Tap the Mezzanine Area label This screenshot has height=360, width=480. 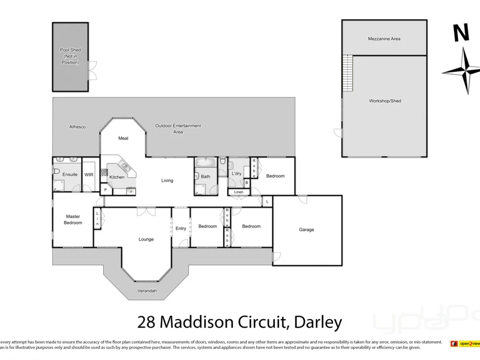coord(384,39)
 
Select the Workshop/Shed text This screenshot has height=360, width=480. coord(385,101)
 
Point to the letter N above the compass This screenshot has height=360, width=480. coord(461,33)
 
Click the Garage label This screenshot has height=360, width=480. coord(306,229)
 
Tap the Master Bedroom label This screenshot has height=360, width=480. coord(73,219)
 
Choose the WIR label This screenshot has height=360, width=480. coord(89,175)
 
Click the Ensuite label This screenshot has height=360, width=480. coord(70,175)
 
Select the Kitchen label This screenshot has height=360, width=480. coord(117,177)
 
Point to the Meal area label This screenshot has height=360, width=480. coord(123,138)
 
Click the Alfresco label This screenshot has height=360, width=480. coord(77,127)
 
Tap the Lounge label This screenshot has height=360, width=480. coord(146,239)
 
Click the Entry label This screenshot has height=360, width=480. coord(180,228)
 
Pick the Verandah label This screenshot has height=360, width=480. coord(147,291)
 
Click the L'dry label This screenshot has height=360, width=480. coord(236,173)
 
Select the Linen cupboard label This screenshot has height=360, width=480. coord(239,192)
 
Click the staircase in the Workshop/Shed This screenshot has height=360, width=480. coord(347,73)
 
